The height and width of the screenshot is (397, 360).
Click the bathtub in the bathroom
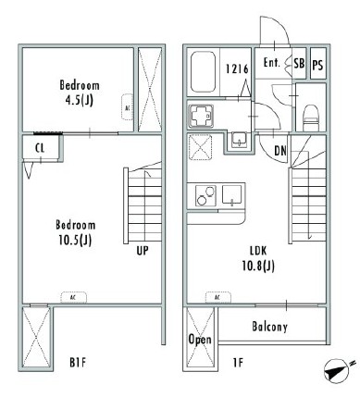click(x=203, y=72)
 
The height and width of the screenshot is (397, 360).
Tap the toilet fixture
click(x=310, y=118)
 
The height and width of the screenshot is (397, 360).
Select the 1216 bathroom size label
click(x=237, y=68)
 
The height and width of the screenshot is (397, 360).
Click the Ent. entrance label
click(x=272, y=63)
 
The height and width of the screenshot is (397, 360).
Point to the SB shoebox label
click(x=299, y=64)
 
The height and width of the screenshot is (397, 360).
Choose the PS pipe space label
click(x=317, y=65)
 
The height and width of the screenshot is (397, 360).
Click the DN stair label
click(x=280, y=151)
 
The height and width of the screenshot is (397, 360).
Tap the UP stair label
click(x=143, y=251)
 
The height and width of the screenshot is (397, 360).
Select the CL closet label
click(x=40, y=148)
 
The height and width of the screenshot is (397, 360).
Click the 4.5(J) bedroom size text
click(x=80, y=100)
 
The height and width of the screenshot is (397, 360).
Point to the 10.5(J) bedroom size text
click(x=75, y=240)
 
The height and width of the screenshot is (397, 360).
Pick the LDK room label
click(x=258, y=251)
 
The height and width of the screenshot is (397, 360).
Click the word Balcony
click(x=269, y=327)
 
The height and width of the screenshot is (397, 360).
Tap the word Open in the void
click(x=200, y=340)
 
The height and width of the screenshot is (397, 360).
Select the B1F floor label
click(x=78, y=363)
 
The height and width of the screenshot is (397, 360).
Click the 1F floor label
click(x=238, y=363)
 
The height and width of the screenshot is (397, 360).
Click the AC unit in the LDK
click(x=218, y=298)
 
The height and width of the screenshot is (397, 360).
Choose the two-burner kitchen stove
click(x=205, y=195)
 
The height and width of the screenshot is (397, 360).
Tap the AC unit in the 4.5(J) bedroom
click(x=127, y=107)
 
